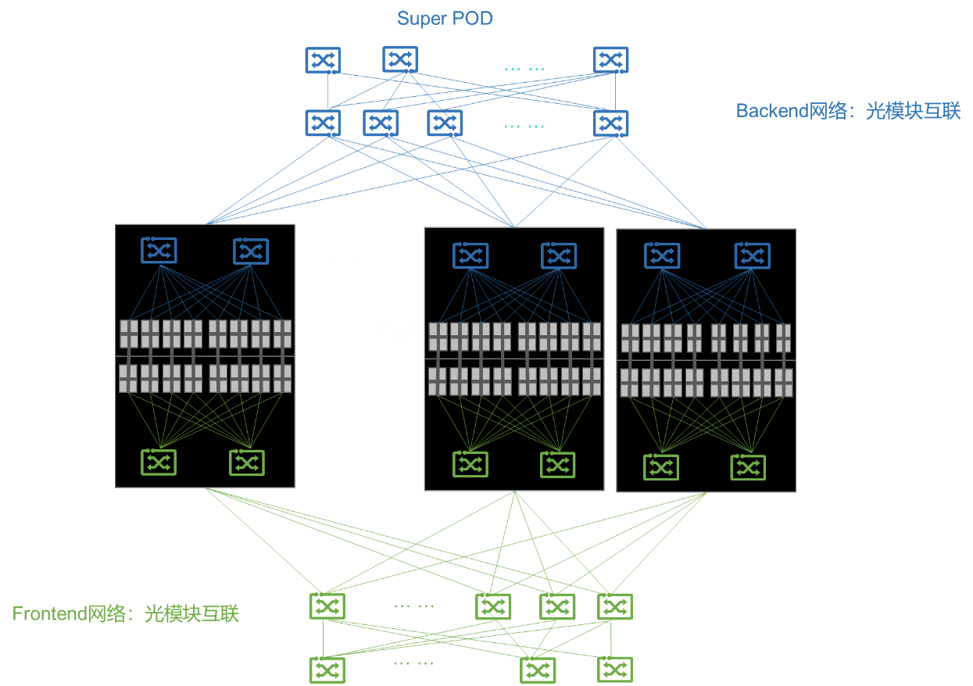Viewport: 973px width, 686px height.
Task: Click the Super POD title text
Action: pyautogui.click(x=445, y=18)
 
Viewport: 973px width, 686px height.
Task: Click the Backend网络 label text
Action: pyautogui.click(x=848, y=111)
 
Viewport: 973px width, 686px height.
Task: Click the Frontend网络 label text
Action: pyautogui.click(x=125, y=614)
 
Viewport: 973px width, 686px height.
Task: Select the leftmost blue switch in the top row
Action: pyautogui.click(x=323, y=60)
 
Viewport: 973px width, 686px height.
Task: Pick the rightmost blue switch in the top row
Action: pyautogui.click(x=610, y=60)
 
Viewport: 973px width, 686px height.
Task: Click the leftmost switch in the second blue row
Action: pyautogui.click(x=323, y=123)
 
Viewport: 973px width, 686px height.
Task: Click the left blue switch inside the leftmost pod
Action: pyautogui.click(x=159, y=251)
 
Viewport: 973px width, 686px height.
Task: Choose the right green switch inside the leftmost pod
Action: pyautogui.click(x=246, y=463)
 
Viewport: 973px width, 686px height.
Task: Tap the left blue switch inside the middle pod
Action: pyautogui.click(x=470, y=255)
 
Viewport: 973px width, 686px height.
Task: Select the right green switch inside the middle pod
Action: pyautogui.click(x=557, y=465)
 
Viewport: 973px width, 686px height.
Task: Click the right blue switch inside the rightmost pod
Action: pyautogui.click(x=752, y=255)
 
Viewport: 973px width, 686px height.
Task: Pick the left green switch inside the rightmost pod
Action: pyautogui.click(x=661, y=467)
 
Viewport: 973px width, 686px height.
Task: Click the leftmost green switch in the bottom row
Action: pyautogui.click(x=327, y=670)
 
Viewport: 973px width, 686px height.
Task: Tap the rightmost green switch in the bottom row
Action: pyautogui.click(x=614, y=670)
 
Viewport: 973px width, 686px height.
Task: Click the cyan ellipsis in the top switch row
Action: pyautogui.click(x=524, y=69)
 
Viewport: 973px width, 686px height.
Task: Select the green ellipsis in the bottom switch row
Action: pyautogui.click(x=413, y=663)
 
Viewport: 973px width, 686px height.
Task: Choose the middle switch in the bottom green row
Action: pyautogui.click(x=538, y=670)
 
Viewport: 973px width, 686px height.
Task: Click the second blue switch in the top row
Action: pyautogui.click(x=399, y=59)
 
